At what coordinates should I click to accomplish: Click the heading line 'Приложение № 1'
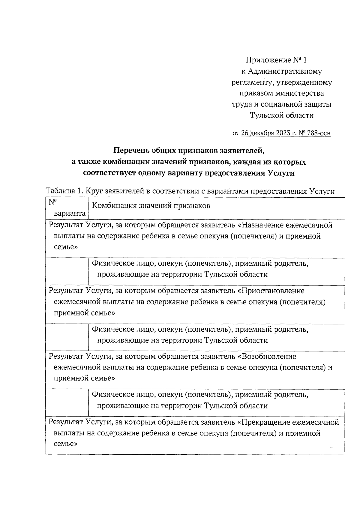pos(276,60)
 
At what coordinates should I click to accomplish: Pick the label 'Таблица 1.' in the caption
pos(64,191)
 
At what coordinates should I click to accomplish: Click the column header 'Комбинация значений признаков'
pos(151,206)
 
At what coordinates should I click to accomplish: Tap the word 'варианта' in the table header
pos(70,214)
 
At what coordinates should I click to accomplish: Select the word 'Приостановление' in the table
pos(273,291)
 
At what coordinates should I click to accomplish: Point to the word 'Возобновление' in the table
pos(269,357)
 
